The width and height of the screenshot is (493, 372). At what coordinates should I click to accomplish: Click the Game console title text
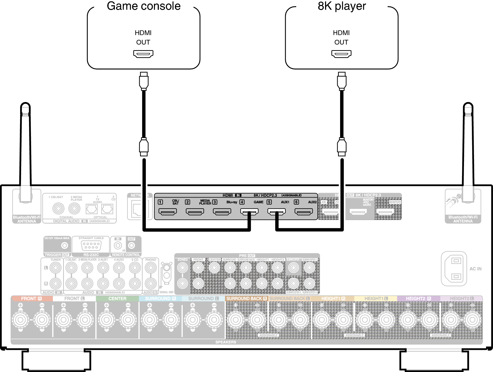[144, 6]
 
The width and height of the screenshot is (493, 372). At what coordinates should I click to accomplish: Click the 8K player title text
[342, 6]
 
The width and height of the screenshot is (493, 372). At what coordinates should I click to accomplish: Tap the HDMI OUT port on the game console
[143, 54]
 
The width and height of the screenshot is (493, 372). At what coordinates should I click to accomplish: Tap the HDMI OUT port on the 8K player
[341, 54]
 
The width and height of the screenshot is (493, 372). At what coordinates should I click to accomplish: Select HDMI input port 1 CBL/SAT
[167, 211]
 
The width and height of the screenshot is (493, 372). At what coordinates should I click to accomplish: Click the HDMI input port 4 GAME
[249, 211]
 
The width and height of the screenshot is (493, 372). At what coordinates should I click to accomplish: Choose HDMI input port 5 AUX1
[276, 211]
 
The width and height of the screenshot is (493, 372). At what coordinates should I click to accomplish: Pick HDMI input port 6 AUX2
[304, 211]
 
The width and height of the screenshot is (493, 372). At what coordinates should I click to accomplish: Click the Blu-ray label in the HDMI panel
[232, 202]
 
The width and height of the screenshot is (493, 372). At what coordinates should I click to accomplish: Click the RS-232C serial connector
[91, 245]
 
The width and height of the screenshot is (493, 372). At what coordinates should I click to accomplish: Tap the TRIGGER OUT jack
[64, 245]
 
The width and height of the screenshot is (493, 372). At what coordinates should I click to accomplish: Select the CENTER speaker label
[117, 298]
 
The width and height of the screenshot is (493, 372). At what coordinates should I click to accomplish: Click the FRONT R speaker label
[31, 298]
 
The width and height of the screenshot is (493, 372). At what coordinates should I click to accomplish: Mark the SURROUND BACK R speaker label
[246, 298]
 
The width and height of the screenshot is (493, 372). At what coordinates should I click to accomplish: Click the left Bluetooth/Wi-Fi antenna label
[27, 219]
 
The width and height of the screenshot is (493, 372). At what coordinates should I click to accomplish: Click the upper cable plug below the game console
[144, 81]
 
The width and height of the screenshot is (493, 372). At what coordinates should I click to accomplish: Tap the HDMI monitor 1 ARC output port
[358, 211]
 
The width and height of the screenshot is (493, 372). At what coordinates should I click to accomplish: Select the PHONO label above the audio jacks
[151, 260]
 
